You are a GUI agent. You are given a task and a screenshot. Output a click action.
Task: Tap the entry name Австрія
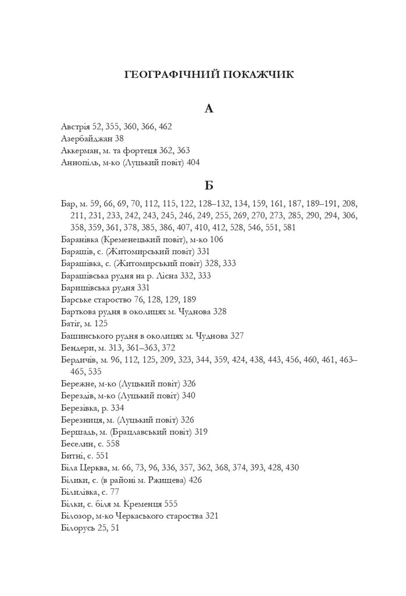tap(75, 126)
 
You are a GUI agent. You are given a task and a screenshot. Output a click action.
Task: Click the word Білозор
tap(76, 516)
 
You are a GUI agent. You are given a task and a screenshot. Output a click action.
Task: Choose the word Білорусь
tap(77, 528)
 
